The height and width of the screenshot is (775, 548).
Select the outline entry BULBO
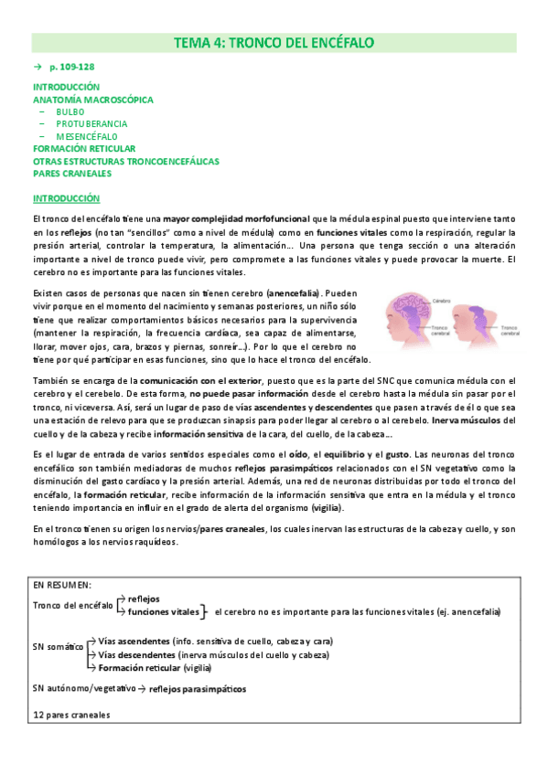70,111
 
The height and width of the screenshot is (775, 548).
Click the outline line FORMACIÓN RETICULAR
84,148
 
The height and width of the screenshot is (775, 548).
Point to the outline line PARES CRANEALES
71,173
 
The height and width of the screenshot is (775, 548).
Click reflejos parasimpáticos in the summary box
197,688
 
